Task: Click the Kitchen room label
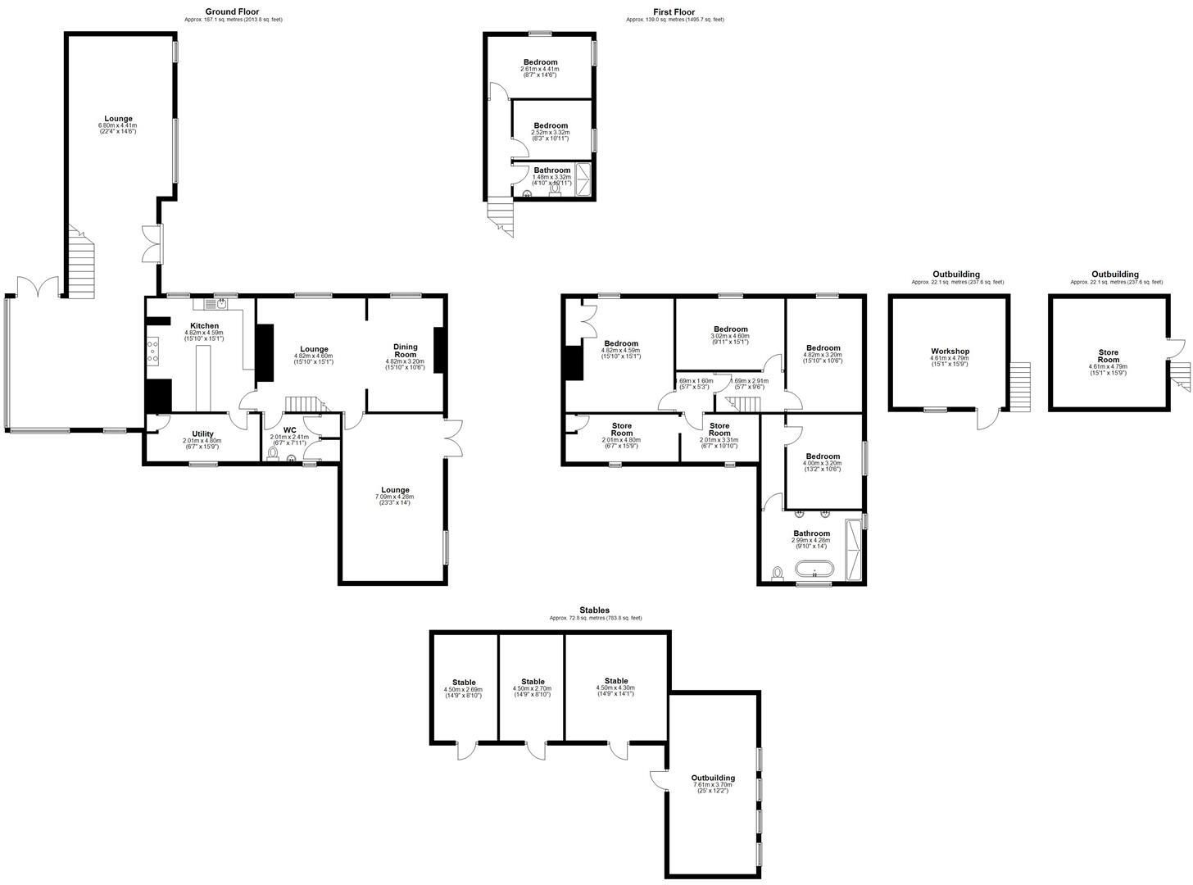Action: point(205,326)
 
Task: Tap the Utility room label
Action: point(203,433)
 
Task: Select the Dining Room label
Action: point(406,351)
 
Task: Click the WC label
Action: point(289,430)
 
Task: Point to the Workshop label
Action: point(950,351)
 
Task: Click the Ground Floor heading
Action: point(233,11)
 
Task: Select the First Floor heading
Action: point(674,11)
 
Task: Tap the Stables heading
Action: point(595,610)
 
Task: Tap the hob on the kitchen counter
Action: point(152,352)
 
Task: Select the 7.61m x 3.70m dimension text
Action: point(713,785)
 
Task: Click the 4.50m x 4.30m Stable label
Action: point(616,681)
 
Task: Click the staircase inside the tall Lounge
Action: point(80,265)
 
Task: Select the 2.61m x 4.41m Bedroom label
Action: point(541,62)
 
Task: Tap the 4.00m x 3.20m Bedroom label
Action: point(823,456)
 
